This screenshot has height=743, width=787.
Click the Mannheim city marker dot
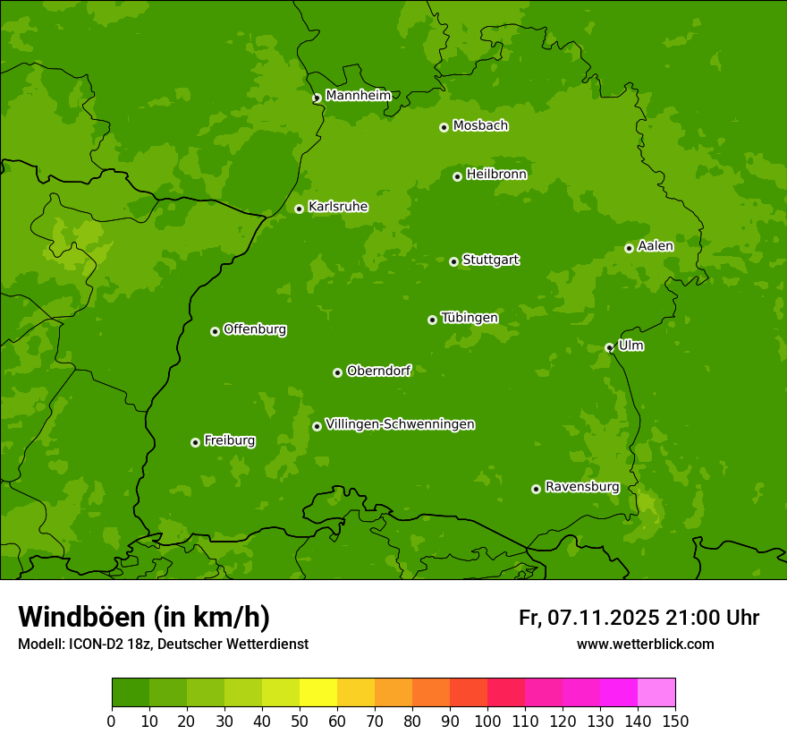(x=317, y=98)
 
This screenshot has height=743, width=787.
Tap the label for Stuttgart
(x=490, y=260)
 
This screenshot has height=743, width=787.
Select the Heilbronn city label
(x=496, y=175)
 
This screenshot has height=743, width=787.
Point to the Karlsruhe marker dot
(x=300, y=209)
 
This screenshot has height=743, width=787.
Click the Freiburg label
(x=229, y=440)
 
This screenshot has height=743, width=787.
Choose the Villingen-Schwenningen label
(x=400, y=424)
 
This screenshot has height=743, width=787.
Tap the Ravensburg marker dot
(x=536, y=489)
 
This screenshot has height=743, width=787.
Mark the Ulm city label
(x=630, y=346)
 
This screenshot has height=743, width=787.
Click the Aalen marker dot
(x=629, y=248)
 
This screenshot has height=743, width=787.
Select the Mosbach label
(x=480, y=125)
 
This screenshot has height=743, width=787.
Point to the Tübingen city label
(x=469, y=318)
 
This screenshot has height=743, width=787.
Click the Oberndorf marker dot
(x=337, y=372)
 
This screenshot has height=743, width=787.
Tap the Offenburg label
(x=255, y=329)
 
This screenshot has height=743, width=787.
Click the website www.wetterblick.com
(x=645, y=644)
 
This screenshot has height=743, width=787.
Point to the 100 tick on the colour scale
(x=487, y=720)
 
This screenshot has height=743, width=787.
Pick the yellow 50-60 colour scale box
(x=318, y=693)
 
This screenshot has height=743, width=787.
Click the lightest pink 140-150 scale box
(x=656, y=693)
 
